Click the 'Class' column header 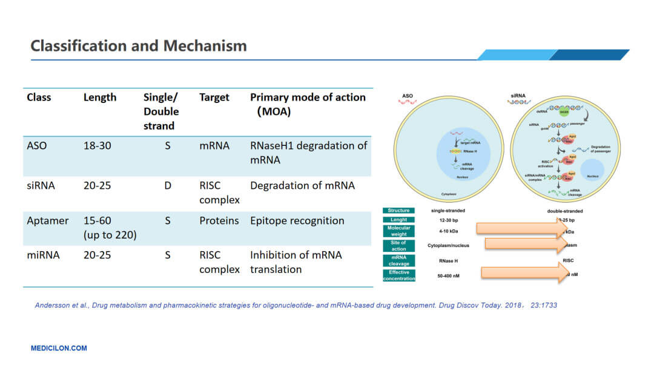39,97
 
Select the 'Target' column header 214,97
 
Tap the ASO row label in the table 37,146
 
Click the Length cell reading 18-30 97,146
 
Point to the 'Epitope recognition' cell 297,220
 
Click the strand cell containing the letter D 168,185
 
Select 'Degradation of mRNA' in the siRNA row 302,185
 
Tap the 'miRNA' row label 43,255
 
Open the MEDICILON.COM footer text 59,348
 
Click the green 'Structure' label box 399,211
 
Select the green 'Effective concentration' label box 399,275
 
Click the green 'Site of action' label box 399,245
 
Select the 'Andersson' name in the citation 52,305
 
